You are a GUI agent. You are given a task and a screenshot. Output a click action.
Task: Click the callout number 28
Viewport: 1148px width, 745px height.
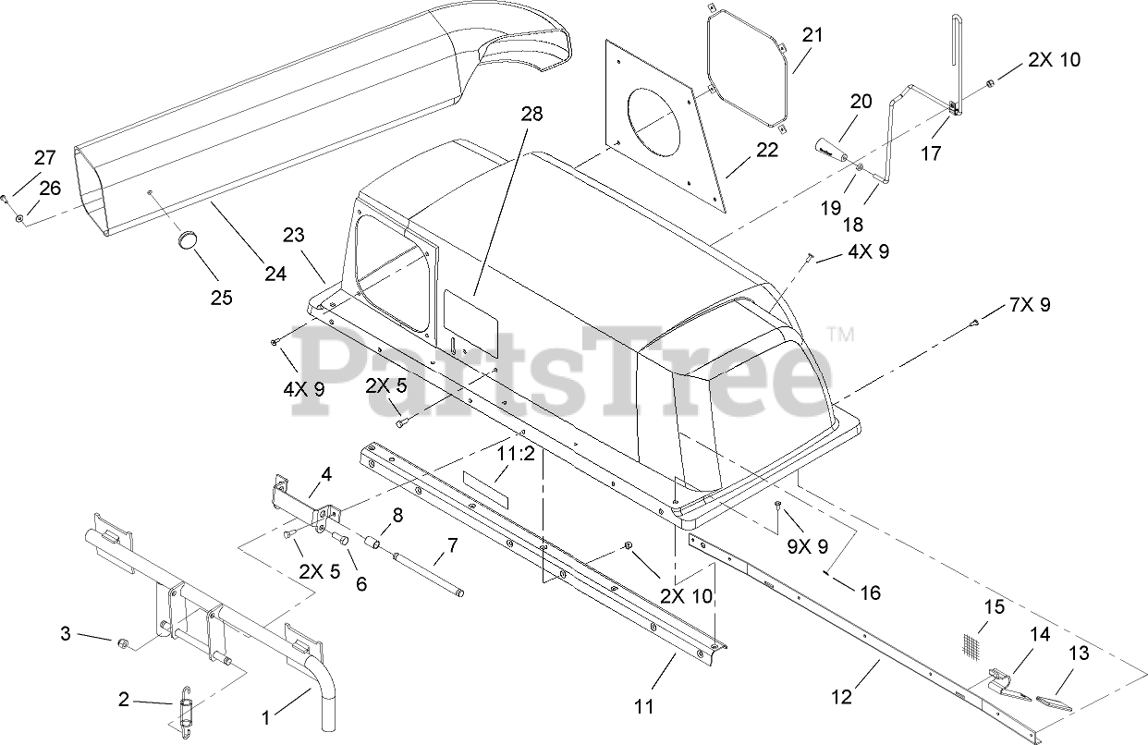531,115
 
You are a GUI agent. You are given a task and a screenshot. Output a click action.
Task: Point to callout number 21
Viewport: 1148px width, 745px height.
812,36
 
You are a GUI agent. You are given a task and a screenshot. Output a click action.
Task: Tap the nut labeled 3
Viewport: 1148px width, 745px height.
121,641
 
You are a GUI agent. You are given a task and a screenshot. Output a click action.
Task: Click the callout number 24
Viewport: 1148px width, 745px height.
274,275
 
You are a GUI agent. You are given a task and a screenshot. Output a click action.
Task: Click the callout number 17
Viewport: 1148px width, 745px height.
931,153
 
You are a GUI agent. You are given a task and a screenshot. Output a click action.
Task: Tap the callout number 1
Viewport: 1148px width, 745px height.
266,716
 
